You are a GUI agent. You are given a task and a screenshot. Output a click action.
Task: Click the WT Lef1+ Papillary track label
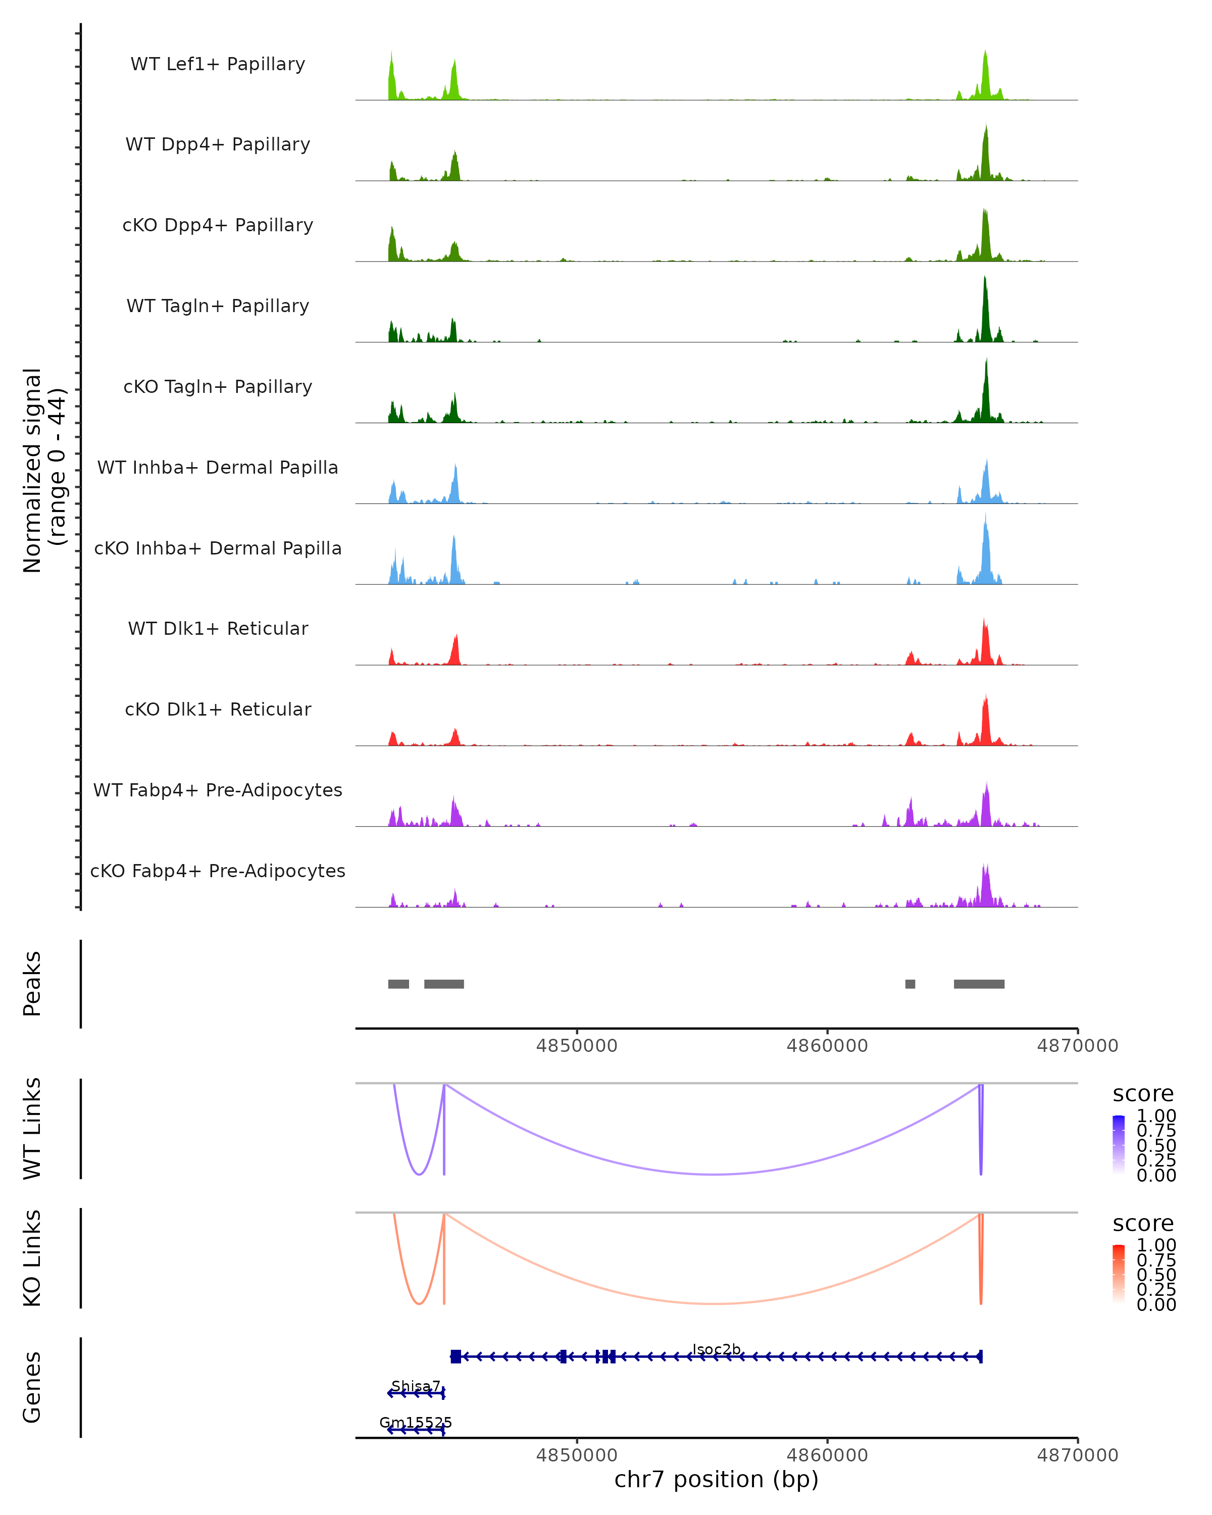218,64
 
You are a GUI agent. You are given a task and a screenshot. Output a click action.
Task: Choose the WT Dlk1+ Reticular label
218,628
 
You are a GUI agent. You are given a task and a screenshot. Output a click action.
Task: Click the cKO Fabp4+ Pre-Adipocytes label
218,871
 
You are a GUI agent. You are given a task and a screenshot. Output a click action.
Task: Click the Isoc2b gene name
716,1349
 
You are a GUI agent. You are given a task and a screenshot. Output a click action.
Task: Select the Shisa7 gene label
415,1386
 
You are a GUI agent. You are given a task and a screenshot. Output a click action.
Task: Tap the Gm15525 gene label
415,1422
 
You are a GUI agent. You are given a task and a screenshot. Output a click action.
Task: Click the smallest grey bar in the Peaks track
910,984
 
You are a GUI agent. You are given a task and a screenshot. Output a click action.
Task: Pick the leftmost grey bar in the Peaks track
398,984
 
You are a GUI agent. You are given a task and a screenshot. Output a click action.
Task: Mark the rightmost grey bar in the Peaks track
979,984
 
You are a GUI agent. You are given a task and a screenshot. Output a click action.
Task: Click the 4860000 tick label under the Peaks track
827,1046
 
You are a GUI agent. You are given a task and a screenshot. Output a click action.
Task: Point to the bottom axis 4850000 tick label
576,1455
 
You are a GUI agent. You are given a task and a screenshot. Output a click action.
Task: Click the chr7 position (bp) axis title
716,1480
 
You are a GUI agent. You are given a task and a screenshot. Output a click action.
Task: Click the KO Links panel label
32,1258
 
